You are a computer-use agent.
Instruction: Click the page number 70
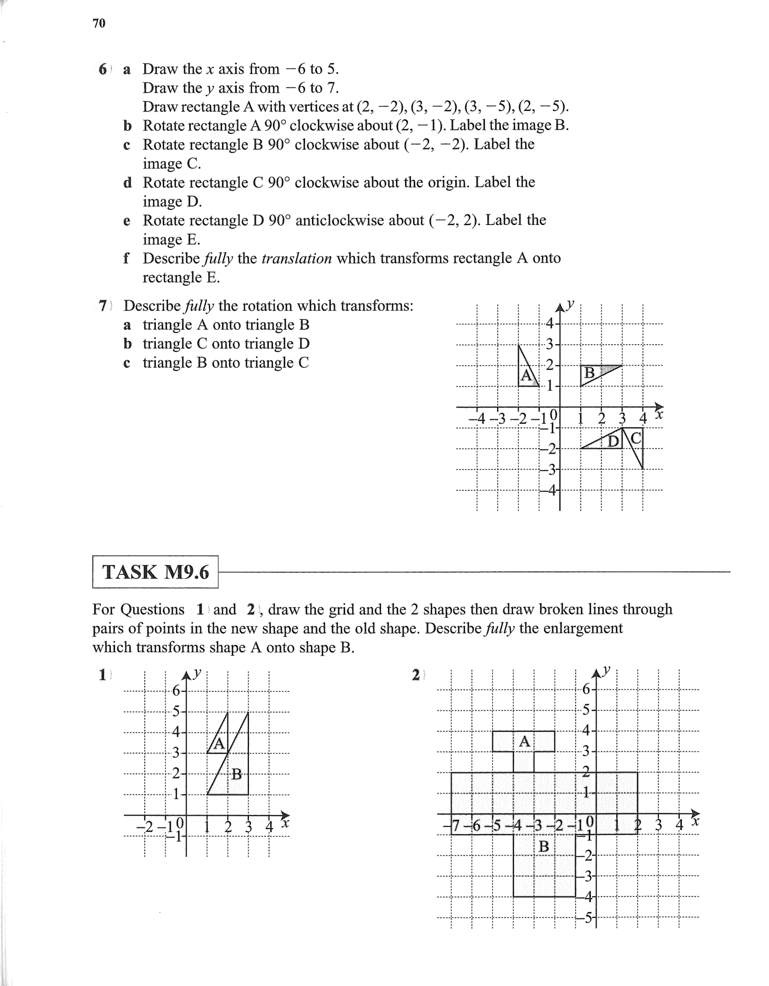click(99, 24)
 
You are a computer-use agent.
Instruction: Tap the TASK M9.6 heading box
click(155, 572)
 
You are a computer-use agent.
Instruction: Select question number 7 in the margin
click(104, 305)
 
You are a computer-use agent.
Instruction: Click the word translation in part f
click(296, 258)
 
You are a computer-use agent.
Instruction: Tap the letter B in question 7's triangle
click(589, 373)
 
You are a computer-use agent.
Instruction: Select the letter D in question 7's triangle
click(613, 441)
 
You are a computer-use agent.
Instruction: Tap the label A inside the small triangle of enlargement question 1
click(219, 743)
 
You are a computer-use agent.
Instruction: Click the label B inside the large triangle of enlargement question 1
click(237, 774)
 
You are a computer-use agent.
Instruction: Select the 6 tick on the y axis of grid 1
click(176, 692)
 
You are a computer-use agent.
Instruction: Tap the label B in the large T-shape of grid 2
click(544, 846)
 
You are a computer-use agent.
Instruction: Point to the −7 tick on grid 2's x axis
click(454, 826)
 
